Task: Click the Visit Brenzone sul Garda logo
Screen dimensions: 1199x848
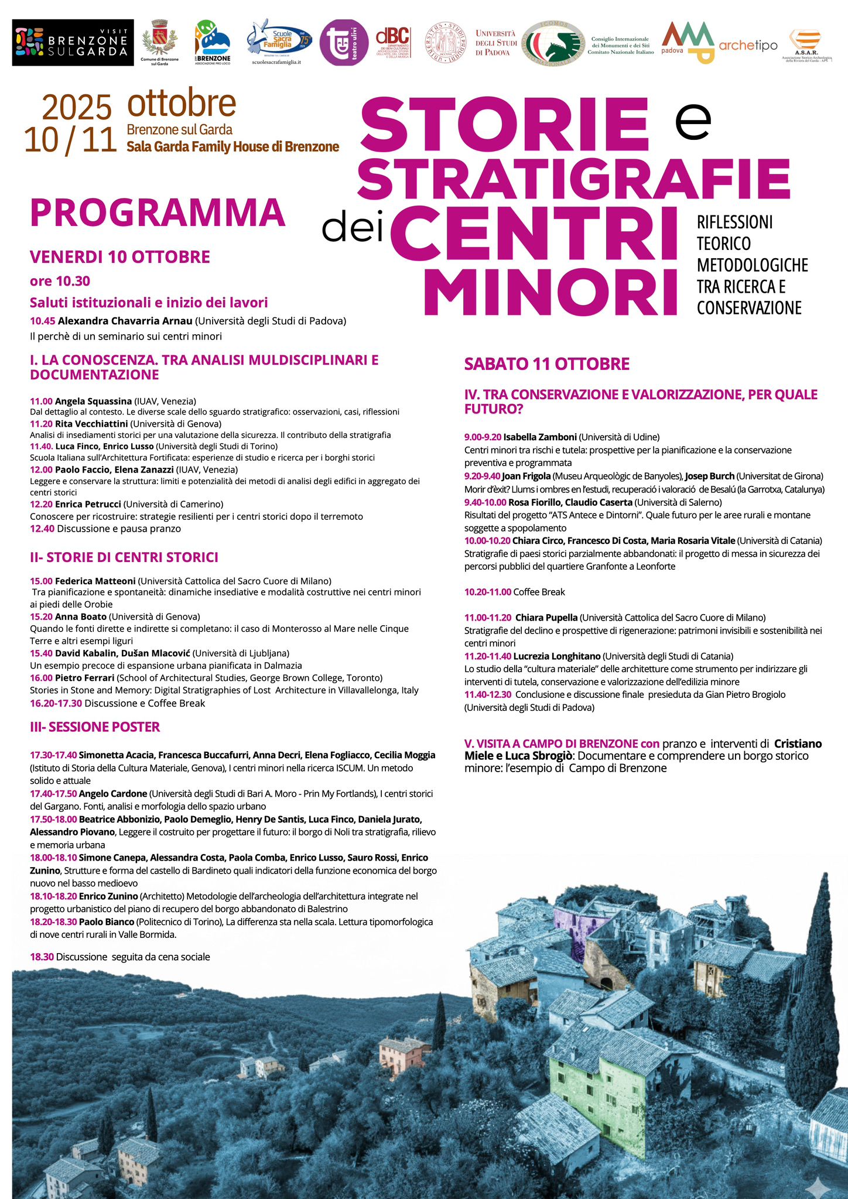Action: (73, 42)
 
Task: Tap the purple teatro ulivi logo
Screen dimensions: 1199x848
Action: (344, 42)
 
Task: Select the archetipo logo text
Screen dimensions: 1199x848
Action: (748, 46)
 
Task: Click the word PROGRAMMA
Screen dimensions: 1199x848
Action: (158, 213)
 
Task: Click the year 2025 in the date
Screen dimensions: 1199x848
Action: (77, 108)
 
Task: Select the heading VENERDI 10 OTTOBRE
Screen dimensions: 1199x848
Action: (120, 257)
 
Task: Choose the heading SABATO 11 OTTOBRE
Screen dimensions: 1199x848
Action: (546, 364)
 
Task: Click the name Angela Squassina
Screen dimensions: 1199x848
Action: (93, 401)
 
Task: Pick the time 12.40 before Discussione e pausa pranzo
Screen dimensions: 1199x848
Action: (42, 529)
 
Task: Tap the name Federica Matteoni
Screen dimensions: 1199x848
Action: (95, 581)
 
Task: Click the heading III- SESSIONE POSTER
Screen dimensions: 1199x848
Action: (95, 727)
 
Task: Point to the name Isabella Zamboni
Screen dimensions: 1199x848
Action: (540, 437)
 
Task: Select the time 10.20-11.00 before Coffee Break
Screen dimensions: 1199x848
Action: (487, 592)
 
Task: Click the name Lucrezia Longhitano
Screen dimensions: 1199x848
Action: (556, 656)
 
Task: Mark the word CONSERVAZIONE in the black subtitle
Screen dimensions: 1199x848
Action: (748, 308)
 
